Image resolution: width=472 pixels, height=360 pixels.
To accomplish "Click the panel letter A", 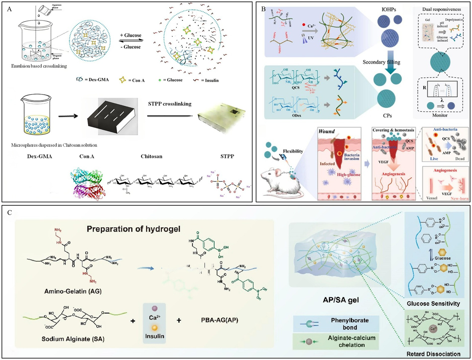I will coord(9,9).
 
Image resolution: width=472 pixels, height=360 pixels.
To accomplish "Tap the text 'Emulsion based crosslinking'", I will coord(39,66).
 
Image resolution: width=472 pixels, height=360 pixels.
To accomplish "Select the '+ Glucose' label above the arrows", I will coord(131,35).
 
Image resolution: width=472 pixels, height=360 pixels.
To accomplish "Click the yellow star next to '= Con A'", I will coord(122,80).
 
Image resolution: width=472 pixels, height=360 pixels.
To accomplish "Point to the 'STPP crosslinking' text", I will coord(170,104).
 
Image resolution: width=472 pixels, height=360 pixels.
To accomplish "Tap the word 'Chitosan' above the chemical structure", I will coord(151,156).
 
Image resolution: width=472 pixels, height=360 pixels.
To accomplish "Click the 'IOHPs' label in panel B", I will coord(389,10).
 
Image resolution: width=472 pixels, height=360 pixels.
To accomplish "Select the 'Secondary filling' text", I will coord(381,62).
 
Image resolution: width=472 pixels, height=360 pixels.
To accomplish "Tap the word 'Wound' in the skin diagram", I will coord(327,131).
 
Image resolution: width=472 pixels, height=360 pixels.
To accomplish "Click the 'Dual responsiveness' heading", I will coord(442,9).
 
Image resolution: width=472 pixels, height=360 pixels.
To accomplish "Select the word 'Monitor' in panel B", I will coord(440,115).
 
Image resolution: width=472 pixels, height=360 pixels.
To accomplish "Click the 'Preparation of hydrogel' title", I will coord(133,229).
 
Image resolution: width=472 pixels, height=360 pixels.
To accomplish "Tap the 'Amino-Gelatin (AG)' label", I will coord(73,291).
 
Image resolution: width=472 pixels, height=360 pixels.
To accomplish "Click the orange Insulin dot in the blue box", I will coord(154,328).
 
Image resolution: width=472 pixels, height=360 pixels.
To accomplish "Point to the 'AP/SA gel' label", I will coord(341,300).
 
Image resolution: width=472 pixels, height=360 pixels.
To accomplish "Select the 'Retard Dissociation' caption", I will coord(433,354).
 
